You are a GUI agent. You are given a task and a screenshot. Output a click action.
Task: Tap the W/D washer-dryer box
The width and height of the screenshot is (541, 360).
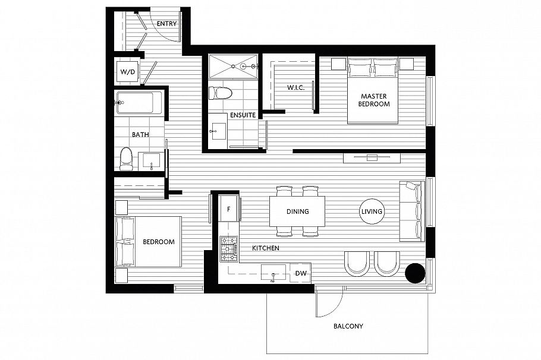pos(127,72)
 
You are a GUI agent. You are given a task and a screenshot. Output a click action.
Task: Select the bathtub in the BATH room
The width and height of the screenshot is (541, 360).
pos(139,102)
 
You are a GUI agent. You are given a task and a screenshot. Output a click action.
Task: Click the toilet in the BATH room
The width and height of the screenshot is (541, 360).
pos(125,159)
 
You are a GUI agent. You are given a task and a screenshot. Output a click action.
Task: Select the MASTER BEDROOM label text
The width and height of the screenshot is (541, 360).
pos(373,100)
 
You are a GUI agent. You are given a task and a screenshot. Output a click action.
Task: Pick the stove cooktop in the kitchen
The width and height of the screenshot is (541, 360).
pos(228,249)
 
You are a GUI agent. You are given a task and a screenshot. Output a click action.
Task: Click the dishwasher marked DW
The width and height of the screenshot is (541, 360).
pos(300,273)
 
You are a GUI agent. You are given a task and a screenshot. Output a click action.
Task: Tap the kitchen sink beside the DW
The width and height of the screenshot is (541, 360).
pos(273,273)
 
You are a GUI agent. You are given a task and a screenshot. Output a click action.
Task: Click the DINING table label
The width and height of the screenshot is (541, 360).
pos(297,211)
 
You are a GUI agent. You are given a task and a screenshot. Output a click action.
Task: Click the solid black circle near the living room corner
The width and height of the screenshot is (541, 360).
pos(415,273)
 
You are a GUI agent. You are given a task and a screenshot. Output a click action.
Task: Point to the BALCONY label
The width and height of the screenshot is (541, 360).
pos(348,326)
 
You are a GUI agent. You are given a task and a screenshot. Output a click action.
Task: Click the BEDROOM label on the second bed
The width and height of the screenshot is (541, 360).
pos(158,242)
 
